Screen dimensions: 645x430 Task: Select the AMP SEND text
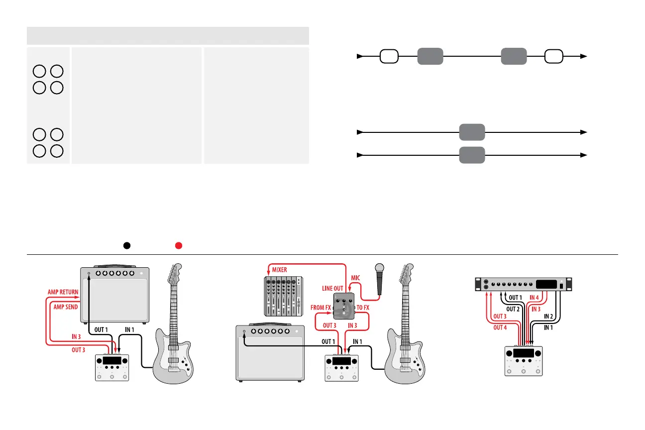click(x=65, y=307)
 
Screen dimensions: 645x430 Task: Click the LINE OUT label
click(x=333, y=288)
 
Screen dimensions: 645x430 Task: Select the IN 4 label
click(x=535, y=298)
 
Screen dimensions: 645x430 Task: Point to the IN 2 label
click(x=549, y=316)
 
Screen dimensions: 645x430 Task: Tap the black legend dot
click(x=127, y=245)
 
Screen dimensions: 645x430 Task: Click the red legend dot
click(x=179, y=245)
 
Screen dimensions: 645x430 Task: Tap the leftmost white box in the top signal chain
click(x=389, y=56)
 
